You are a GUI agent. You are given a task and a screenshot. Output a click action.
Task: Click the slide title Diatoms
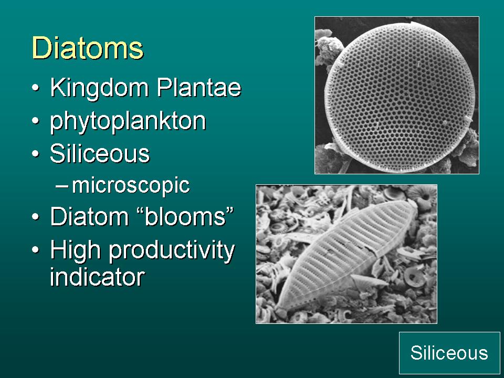click(x=88, y=48)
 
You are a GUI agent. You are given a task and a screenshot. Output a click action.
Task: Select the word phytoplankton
click(x=128, y=121)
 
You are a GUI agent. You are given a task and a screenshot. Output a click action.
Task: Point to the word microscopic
click(x=131, y=186)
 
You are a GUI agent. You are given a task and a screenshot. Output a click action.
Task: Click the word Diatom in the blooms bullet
click(x=90, y=216)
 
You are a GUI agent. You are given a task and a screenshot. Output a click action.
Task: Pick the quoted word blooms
click(x=185, y=216)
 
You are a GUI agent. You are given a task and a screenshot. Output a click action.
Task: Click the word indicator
click(x=98, y=277)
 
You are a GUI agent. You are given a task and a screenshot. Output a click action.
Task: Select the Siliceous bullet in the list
click(x=100, y=153)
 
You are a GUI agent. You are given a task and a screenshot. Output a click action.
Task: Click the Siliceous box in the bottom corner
click(x=449, y=353)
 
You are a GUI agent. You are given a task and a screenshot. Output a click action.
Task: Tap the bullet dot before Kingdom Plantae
click(x=36, y=88)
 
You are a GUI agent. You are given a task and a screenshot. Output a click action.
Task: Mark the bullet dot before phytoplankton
click(x=36, y=121)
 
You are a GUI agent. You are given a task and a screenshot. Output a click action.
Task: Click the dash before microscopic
click(x=61, y=186)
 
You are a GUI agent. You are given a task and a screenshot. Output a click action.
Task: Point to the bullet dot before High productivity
click(x=36, y=249)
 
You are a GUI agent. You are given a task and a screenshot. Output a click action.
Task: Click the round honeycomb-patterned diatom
click(x=400, y=98)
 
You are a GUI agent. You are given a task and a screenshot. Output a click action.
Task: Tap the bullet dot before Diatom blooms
click(x=36, y=216)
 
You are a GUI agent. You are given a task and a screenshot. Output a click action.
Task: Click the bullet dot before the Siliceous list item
click(x=36, y=154)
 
